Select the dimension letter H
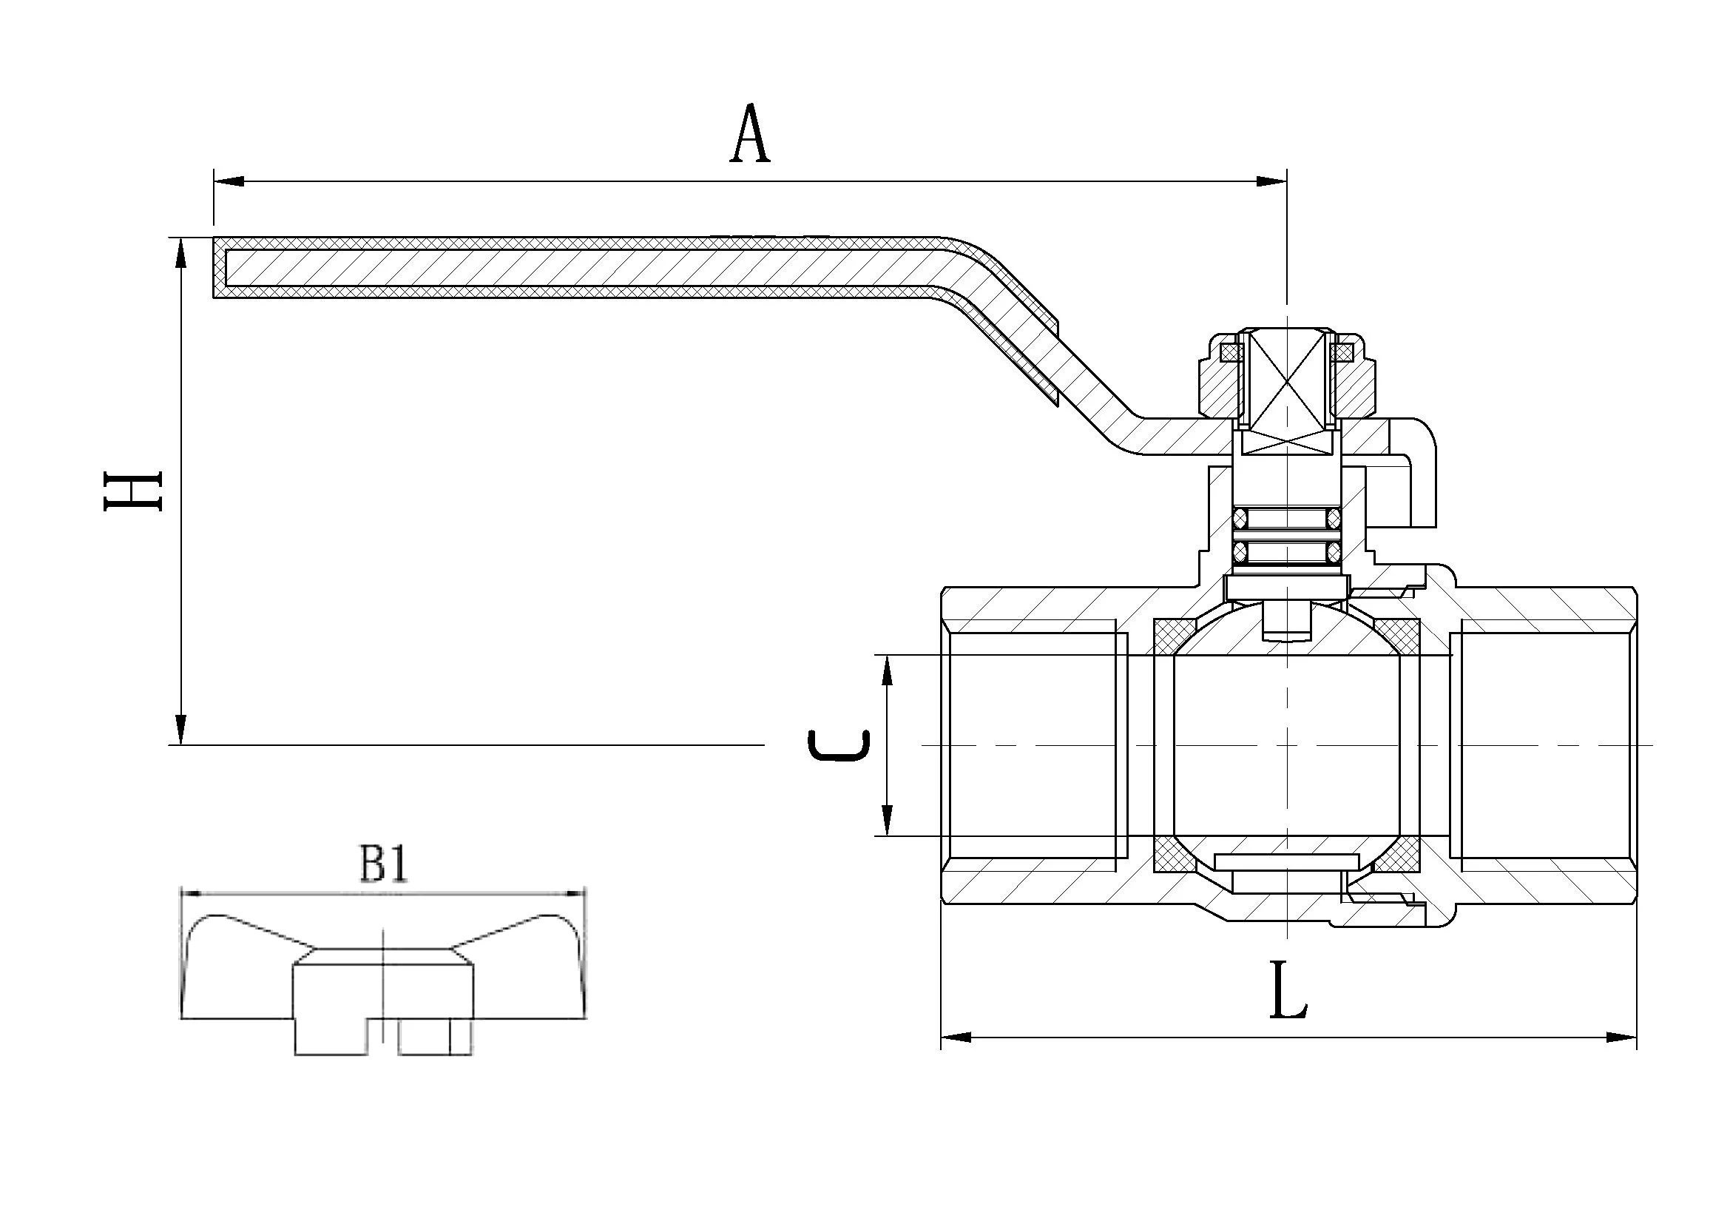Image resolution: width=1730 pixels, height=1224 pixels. click(x=132, y=491)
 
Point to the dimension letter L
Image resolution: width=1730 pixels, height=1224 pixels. click(x=1288, y=990)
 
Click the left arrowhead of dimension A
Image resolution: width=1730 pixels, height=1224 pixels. click(x=230, y=181)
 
